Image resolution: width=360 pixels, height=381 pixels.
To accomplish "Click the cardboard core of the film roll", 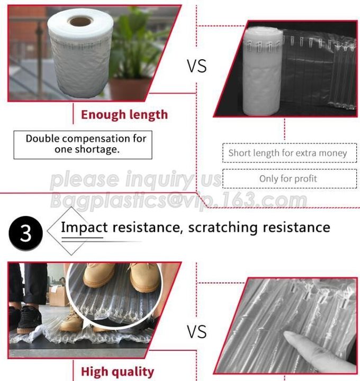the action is [80, 21].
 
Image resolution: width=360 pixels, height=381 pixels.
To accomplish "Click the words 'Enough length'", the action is [124, 115].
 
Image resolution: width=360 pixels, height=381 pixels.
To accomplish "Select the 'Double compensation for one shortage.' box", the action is [83, 145].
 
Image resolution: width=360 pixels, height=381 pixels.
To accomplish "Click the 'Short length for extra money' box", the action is [290, 153].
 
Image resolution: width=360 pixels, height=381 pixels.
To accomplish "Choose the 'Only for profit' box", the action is [290, 179].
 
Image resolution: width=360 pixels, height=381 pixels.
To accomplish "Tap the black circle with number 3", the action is [25, 233].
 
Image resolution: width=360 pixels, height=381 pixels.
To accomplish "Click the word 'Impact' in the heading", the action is [84, 228].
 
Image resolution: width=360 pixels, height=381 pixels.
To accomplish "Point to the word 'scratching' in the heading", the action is [223, 228].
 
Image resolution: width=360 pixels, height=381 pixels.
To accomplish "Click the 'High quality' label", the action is [118, 372].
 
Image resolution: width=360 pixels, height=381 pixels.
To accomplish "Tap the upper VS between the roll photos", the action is [196, 66].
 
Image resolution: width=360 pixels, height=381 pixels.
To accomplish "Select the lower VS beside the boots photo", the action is [196, 332].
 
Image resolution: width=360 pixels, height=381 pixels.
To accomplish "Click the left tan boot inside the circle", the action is [98, 275].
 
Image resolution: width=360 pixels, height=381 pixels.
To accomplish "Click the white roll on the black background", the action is [263, 71].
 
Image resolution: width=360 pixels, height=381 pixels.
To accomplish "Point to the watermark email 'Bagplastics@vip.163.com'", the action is [178, 199].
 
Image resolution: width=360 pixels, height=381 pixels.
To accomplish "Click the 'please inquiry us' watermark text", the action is [136, 179].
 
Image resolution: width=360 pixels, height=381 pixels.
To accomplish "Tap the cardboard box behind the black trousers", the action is [58, 295].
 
